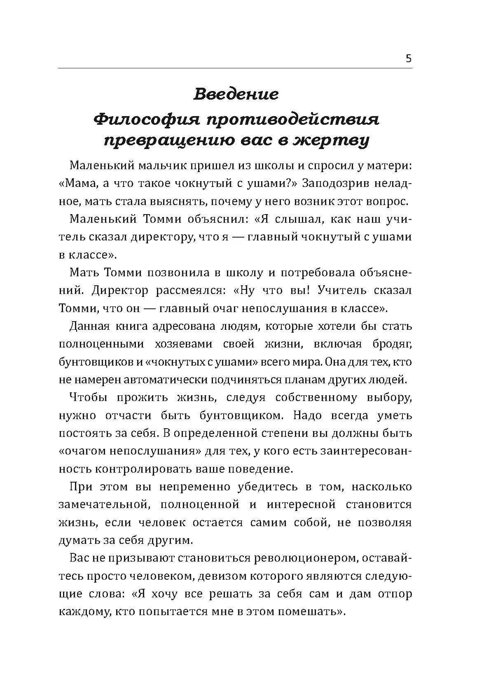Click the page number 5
coord(408,58)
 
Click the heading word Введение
coord(236,94)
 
